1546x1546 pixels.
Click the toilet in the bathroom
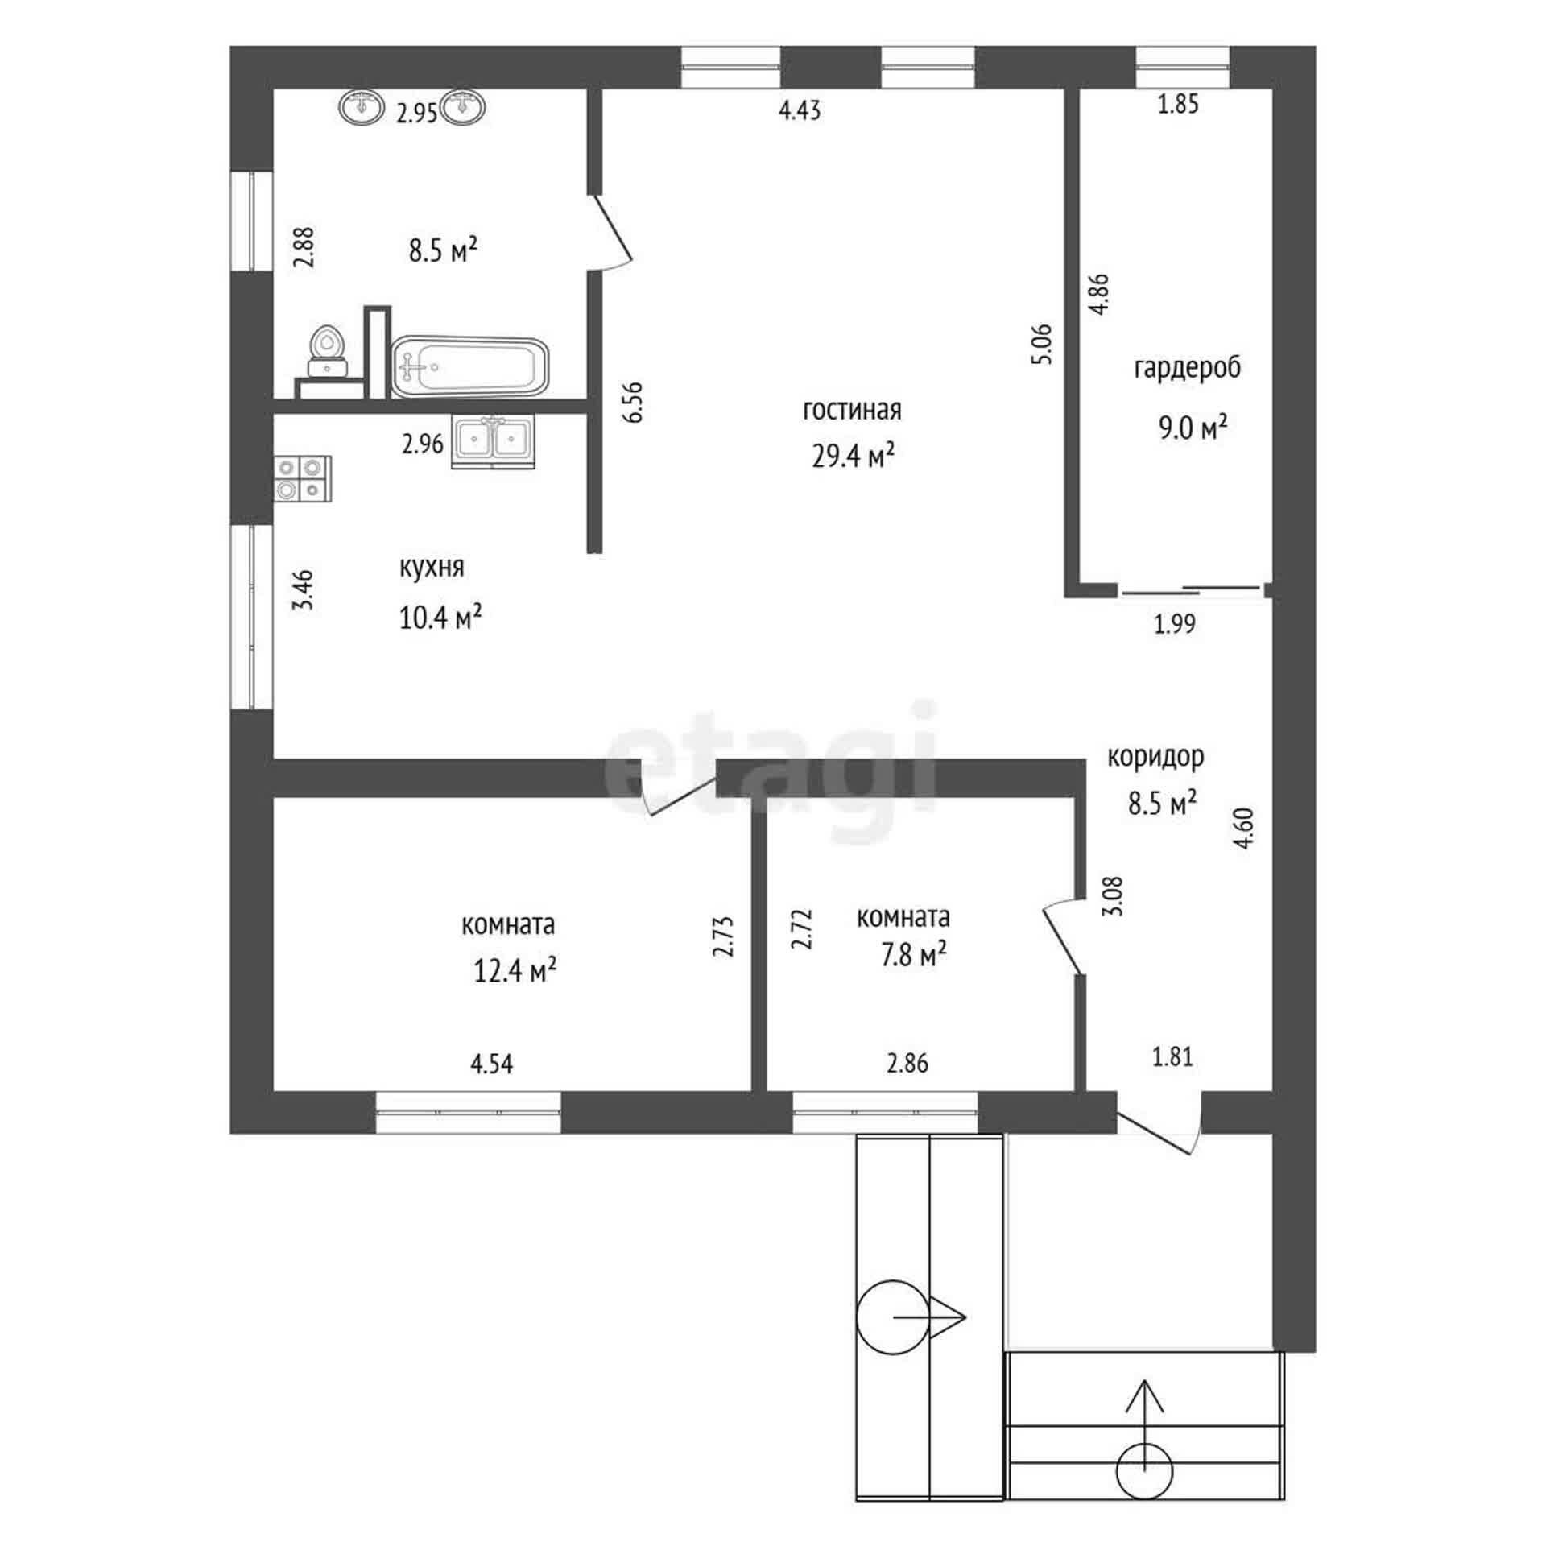(328, 351)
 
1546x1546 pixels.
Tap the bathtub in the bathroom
(470, 367)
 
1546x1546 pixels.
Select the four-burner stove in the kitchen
(303, 478)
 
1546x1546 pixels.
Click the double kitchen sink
(493, 441)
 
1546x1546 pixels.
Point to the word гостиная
(852, 410)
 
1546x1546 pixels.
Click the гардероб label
(1188, 368)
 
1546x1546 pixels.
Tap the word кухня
(432, 568)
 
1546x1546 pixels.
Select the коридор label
(1156, 758)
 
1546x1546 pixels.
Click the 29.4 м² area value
(853, 457)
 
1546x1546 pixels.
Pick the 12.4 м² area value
(515, 971)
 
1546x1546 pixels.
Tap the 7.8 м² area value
(912, 956)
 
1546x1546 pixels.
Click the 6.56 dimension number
(633, 402)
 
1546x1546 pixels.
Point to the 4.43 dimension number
(800, 110)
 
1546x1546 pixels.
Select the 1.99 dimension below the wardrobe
(1175, 624)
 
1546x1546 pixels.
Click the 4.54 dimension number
(491, 1064)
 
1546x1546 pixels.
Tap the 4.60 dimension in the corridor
(1245, 829)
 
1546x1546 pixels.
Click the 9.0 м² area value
(1193, 428)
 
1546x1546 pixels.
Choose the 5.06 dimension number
(1041, 344)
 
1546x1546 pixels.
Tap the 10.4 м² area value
(440, 618)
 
